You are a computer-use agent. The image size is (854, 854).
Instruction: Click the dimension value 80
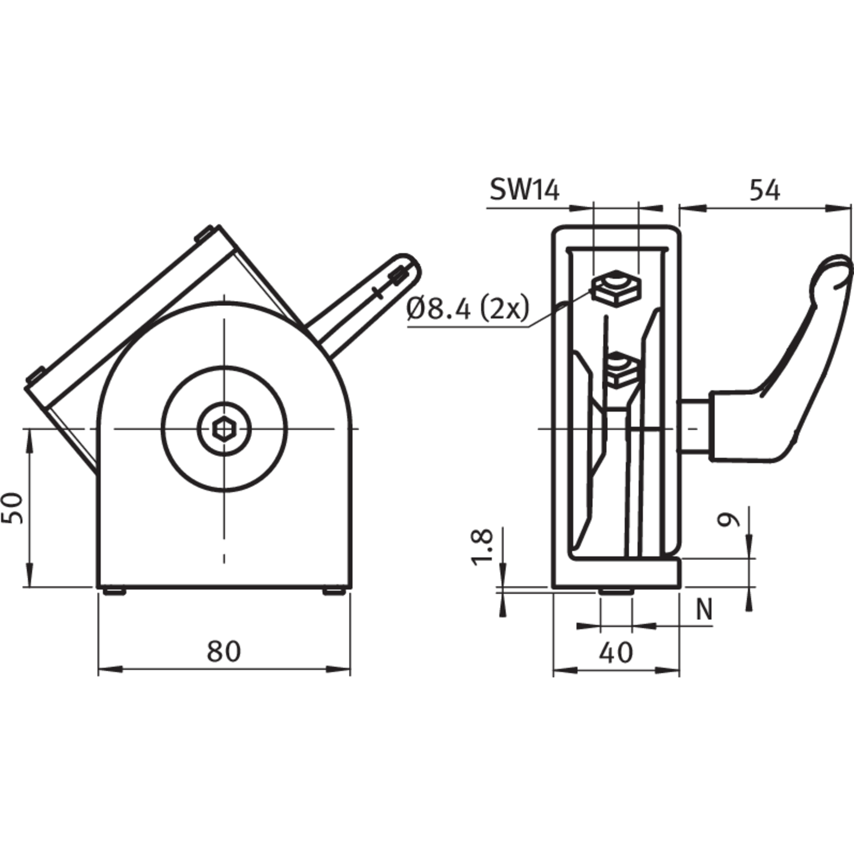[223, 651]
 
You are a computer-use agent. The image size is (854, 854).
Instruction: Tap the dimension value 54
[765, 190]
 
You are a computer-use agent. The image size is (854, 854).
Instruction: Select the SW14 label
[524, 190]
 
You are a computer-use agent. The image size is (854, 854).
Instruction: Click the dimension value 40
[616, 653]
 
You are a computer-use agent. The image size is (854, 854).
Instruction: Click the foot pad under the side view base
[616, 591]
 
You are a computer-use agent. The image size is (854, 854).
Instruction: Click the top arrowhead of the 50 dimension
[29, 440]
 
